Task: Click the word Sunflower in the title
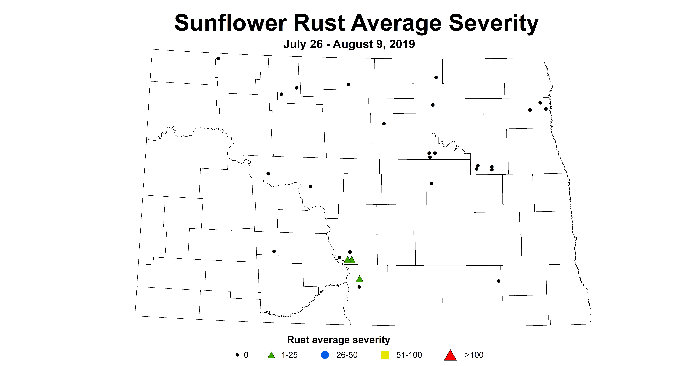(230, 23)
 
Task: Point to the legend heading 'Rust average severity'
(338, 340)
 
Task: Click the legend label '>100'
(474, 355)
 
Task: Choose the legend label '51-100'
(409, 355)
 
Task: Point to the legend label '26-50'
(347, 355)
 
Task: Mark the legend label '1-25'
(290, 355)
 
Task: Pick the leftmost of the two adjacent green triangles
(347, 260)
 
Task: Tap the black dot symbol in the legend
(237, 355)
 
